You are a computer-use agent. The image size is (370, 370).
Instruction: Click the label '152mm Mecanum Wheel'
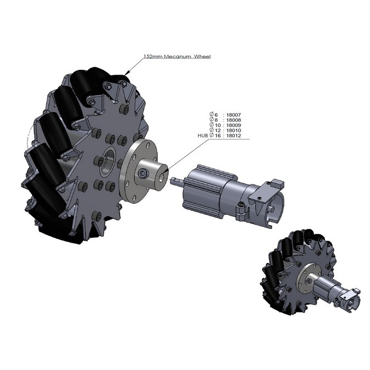[177, 57]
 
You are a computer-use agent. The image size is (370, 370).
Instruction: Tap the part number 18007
[234, 115]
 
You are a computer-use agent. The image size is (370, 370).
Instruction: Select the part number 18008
[234, 120]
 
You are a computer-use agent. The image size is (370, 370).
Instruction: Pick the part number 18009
[234, 125]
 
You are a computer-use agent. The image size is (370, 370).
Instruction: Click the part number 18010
[234, 131]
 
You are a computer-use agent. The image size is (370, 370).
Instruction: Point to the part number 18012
[234, 136]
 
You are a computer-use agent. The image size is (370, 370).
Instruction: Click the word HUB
[203, 136]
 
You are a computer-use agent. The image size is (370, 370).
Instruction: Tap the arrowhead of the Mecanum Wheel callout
[127, 72]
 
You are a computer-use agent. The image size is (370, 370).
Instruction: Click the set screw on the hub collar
[143, 173]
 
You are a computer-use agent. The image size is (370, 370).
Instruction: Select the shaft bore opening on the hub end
[162, 177]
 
